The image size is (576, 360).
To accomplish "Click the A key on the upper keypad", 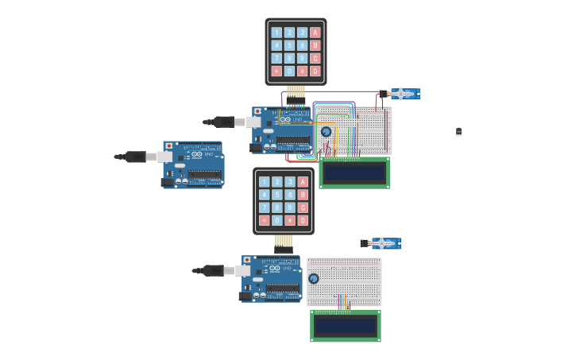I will pyautogui.click(x=315, y=33).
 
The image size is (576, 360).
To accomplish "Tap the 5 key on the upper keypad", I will pyautogui.click(x=289, y=45).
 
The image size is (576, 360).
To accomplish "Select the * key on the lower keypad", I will pyautogui.click(x=265, y=220).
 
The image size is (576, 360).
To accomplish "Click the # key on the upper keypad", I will pyautogui.click(x=302, y=71).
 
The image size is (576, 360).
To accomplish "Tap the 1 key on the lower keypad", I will pyautogui.click(x=265, y=182).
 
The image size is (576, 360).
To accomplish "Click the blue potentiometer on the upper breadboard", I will pyautogui.click(x=326, y=131).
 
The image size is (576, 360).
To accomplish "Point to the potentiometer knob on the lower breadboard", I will pyautogui.click(x=314, y=279).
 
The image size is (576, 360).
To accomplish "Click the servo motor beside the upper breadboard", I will pyautogui.click(x=402, y=94).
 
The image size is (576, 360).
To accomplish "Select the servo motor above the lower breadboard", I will pyautogui.click(x=383, y=243).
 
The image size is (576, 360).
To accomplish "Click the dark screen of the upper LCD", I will pyautogui.click(x=354, y=172).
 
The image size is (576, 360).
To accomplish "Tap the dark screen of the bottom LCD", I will pyautogui.click(x=345, y=326).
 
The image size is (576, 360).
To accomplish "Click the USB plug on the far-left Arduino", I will pyautogui.click(x=136, y=157).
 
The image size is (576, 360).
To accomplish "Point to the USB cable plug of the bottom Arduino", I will pyautogui.click(x=214, y=270).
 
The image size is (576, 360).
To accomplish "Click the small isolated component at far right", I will pyautogui.click(x=458, y=132).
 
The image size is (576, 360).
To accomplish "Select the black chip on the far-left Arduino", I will pyautogui.click(x=205, y=175).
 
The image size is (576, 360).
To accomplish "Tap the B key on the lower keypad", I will pyautogui.click(x=303, y=195).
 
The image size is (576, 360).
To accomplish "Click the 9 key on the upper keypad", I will pyautogui.click(x=302, y=58).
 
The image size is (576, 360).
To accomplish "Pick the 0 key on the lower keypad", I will pyautogui.click(x=277, y=220).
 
